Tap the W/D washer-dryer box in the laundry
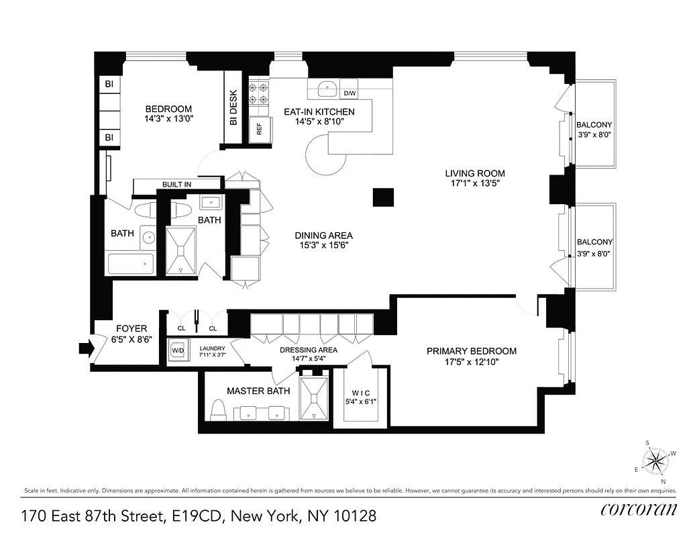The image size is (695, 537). point(178,350)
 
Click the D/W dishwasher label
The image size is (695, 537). point(350,93)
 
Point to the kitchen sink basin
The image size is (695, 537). point(327,88)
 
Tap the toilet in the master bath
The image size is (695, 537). point(217,408)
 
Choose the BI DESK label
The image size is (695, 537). point(233,108)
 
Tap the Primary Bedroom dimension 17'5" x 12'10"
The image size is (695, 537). point(472,362)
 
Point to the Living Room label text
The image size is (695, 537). point(478,173)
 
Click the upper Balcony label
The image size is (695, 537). point(594,125)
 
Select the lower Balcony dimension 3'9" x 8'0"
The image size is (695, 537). point(594,254)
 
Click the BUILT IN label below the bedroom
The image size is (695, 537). point(176,185)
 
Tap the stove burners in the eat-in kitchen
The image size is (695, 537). point(259,93)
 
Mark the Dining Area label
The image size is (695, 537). point(323,236)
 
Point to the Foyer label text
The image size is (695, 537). point(131,328)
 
